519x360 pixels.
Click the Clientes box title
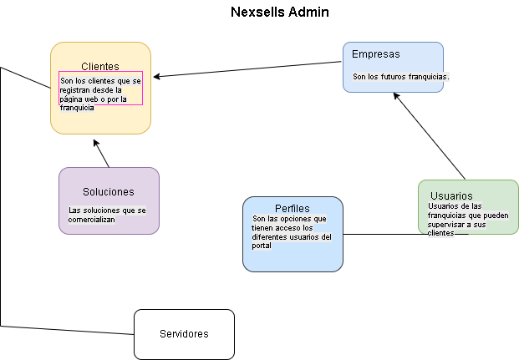[100, 66]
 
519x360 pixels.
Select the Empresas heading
[375, 54]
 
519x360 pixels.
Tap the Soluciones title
[109, 191]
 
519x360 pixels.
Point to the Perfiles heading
[293, 208]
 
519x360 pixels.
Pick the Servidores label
[184, 334]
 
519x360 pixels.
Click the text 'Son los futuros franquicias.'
[401, 77]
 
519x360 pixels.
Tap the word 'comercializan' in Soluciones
[91, 219]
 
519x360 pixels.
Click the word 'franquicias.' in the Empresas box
[430, 77]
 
